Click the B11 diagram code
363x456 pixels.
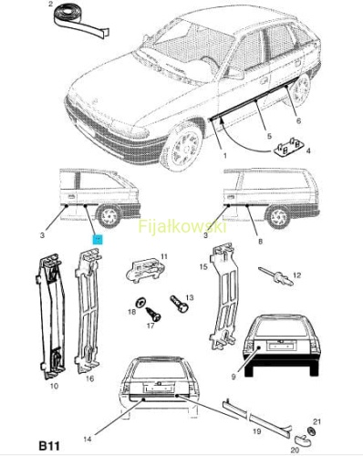49,446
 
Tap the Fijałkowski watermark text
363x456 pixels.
182,226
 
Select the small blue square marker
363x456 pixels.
99,240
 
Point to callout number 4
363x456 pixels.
308,150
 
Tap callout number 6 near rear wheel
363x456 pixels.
298,121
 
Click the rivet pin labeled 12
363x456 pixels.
275,276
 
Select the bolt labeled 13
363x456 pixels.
179,304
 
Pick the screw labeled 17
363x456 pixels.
153,314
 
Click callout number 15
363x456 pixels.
203,266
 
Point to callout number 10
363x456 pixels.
54,386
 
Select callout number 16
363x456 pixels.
89,378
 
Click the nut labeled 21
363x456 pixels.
311,430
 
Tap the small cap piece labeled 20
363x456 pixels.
301,440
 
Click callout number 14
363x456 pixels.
88,440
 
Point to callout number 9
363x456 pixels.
233,377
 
